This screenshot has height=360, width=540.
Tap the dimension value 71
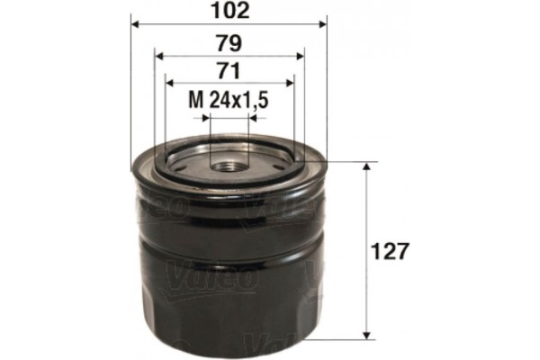[229, 72]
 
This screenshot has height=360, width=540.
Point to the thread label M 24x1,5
[229, 102]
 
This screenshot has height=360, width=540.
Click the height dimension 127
[396, 250]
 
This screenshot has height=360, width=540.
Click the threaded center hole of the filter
[229, 165]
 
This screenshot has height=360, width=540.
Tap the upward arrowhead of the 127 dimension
[366, 168]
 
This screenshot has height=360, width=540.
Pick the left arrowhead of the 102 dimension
[135, 25]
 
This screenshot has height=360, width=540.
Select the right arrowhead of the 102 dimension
[324, 25]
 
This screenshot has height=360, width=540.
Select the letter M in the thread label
[195, 102]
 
